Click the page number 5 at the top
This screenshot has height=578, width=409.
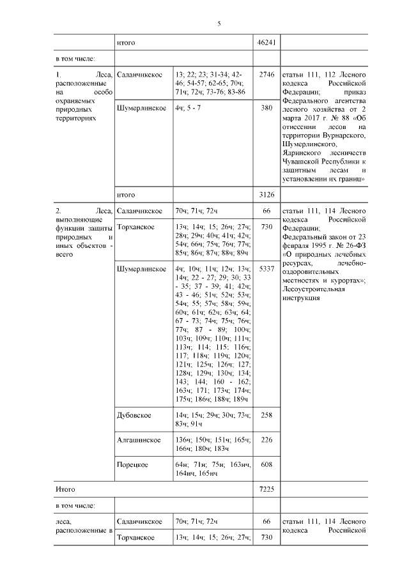tap(219, 24)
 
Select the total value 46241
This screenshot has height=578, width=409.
tap(266, 43)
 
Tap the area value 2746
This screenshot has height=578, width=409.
tap(266, 75)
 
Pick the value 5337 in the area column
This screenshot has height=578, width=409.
tap(266, 269)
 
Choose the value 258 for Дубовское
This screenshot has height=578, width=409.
tap(266, 415)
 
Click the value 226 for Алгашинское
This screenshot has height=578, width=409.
tap(266, 439)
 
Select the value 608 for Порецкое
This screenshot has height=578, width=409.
tap(266, 464)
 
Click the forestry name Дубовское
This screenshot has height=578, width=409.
tap(134, 415)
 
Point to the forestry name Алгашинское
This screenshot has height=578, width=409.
tap(138, 439)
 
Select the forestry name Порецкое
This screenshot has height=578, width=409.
tap(133, 464)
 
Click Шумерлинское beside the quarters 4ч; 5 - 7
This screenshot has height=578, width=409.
tap(141, 108)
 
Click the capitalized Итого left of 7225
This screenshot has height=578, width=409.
tap(66, 489)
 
